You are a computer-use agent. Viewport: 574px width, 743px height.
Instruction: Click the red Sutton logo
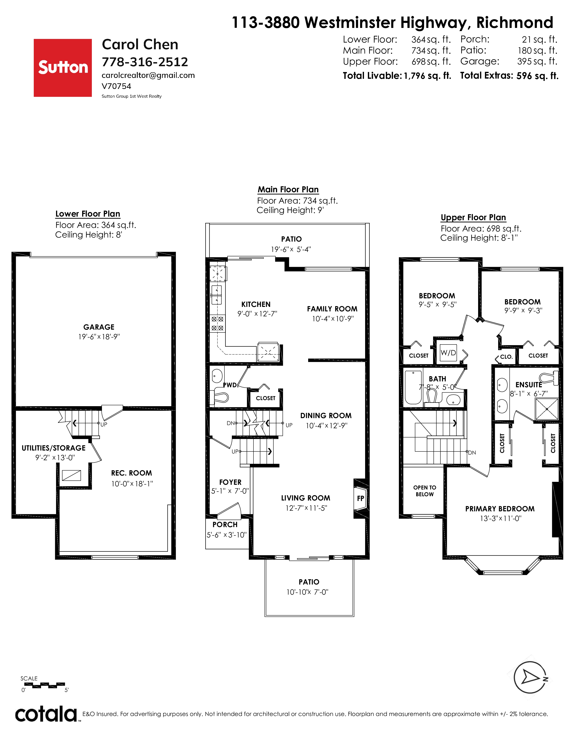tap(63, 68)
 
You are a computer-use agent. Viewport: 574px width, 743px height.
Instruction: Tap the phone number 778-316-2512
tap(145, 62)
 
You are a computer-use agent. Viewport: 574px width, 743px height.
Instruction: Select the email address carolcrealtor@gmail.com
tap(148, 75)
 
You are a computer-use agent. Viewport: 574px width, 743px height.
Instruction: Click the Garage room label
tap(99, 327)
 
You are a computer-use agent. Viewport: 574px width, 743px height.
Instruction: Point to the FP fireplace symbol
tap(360, 498)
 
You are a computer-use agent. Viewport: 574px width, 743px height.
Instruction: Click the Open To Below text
tap(425, 491)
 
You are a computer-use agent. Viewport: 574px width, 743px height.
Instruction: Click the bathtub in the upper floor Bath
tap(413, 387)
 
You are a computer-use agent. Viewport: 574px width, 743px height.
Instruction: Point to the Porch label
tap(225, 525)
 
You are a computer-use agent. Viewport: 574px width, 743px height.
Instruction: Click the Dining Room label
tap(326, 415)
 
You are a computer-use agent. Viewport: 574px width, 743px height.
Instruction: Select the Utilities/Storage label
tap(54, 448)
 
